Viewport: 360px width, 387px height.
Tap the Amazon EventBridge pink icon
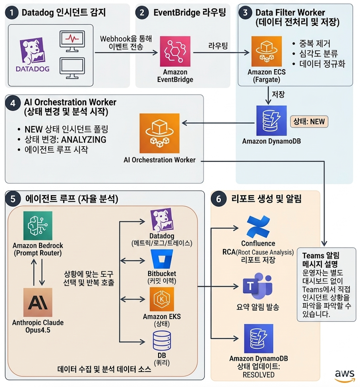175,51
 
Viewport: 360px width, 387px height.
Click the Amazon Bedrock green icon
38,225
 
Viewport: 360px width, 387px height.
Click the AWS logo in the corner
344,375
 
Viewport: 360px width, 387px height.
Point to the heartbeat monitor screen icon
72,41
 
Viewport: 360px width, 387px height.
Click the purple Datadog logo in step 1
33,55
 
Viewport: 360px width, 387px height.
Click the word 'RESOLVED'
258,374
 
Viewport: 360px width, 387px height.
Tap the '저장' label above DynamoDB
278,95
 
